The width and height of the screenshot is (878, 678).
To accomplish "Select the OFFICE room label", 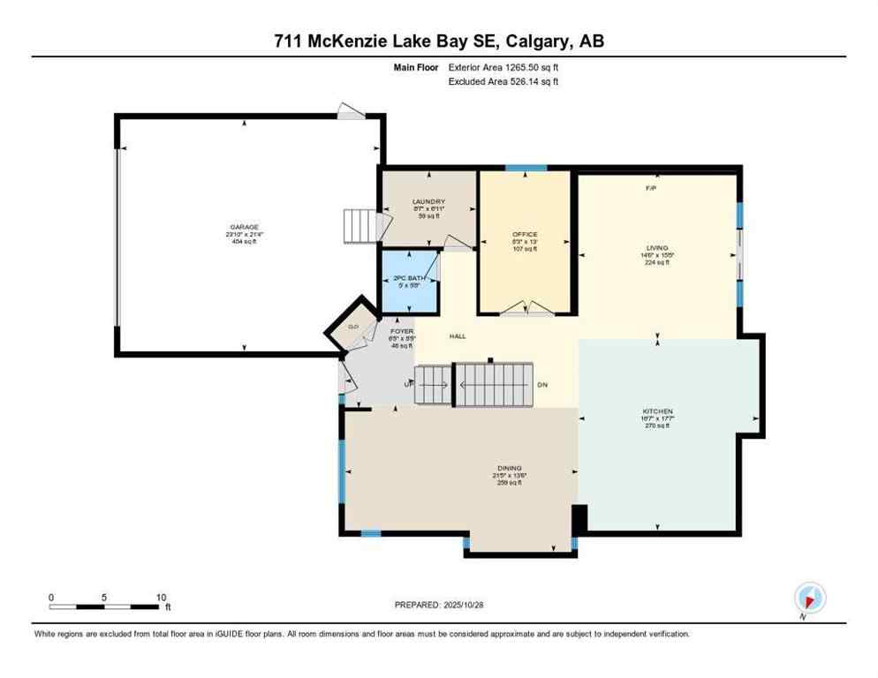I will click(525, 234).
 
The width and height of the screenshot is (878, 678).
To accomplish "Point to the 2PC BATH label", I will click(409, 279).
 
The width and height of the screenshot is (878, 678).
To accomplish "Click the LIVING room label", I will click(656, 248).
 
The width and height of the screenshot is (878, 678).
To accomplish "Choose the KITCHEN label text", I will click(657, 411).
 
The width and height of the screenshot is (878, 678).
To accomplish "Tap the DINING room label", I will click(509, 468).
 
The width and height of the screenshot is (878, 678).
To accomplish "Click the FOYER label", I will click(402, 331).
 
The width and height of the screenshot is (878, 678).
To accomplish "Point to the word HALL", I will click(458, 336).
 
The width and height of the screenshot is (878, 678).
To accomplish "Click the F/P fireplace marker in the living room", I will click(651, 189).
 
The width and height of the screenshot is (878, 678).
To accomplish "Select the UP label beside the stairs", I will click(408, 385).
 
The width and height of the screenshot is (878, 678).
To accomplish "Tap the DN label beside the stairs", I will click(542, 385).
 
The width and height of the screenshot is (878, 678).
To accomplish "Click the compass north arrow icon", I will click(809, 597).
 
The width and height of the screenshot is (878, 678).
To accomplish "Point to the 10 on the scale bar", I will click(161, 597).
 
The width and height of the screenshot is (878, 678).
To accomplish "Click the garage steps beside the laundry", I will click(359, 226).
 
